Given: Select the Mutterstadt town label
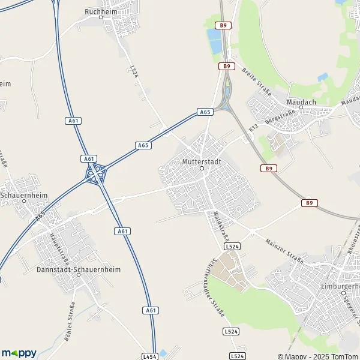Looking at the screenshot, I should tap(202, 161).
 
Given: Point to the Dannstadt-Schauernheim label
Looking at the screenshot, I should tap(79, 269).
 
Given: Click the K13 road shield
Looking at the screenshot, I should tap(254, 128).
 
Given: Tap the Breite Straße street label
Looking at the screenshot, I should tap(257, 82).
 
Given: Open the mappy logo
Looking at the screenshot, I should tap(19, 353).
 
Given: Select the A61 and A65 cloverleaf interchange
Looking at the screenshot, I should tap(95, 175).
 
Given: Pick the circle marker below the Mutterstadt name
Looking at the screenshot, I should tap(202, 169).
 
